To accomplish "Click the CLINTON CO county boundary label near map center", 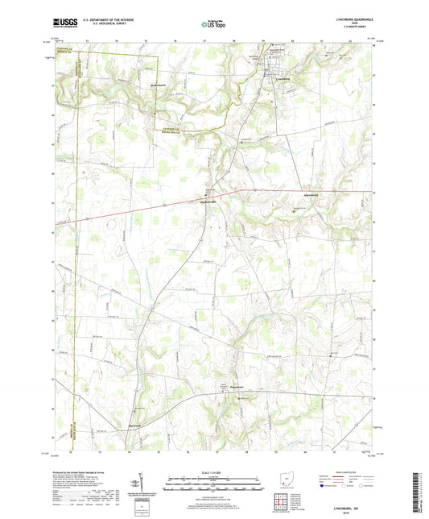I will pos(171,130).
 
